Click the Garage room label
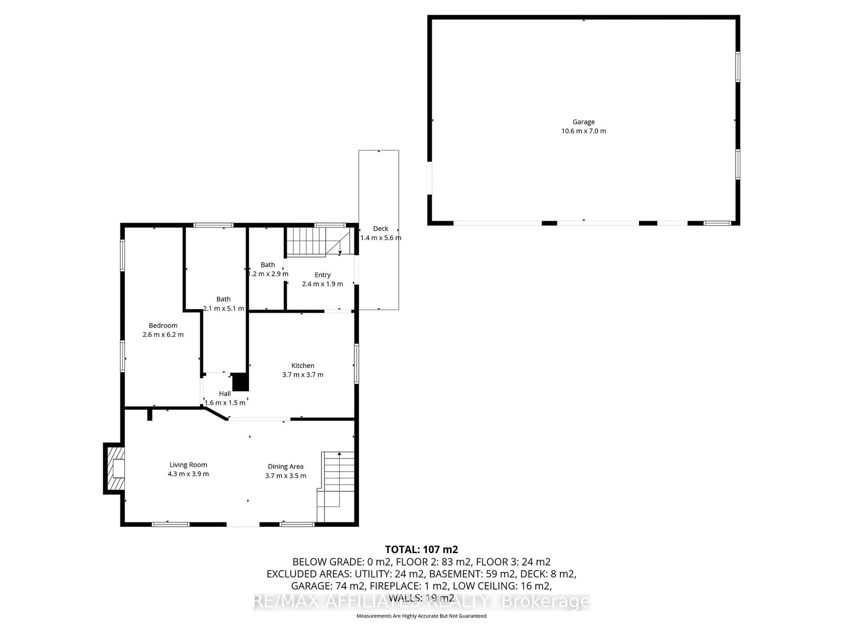tap(584, 122)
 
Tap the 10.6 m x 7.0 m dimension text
tap(584, 131)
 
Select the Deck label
tap(380, 229)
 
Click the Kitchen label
tap(303, 366)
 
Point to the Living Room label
tap(188, 465)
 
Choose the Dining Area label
tap(285, 466)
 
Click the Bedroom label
tap(163, 326)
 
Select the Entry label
tap(322, 275)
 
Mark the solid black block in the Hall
tap(240, 382)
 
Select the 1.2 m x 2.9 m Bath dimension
tap(268, 274)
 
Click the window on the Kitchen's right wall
tap(356, 363)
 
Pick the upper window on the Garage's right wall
tap(737, 67)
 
